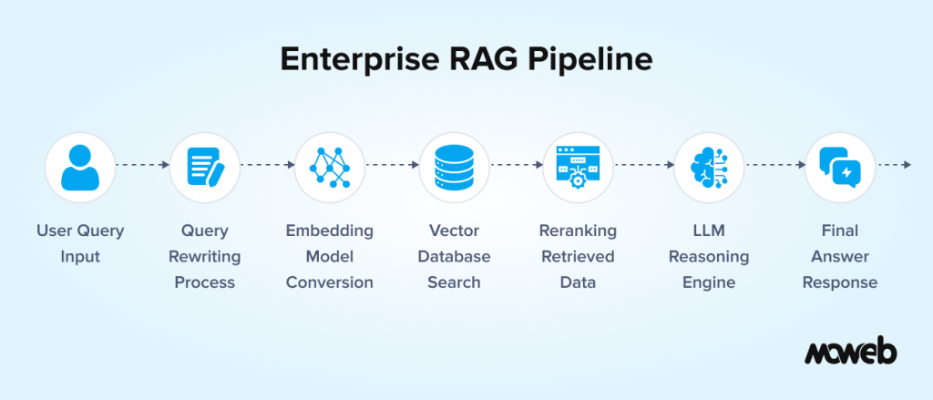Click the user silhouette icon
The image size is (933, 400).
tap(79, 168)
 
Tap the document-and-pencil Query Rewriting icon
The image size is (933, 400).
tap(204, 168)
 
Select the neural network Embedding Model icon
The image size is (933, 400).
tap(329, 168)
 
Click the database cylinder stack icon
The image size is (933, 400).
tap(454, 168)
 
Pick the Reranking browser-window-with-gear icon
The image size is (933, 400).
tap(577, 168)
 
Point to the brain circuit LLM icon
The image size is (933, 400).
tap(708, 168)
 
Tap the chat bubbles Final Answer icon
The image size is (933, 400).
tap(840, 168)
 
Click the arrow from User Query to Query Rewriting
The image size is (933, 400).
tap(142, 165)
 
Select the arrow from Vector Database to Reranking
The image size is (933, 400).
tap(516, 165)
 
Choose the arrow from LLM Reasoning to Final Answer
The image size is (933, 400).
tap(774, 165)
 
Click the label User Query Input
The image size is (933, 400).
tap(79, 243)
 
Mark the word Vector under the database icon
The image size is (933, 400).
tap(454, 231)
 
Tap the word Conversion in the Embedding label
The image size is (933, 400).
tap(329, 282)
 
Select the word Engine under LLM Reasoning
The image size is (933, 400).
tap(708, 282)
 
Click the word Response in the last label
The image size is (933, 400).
tap(840, 282)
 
